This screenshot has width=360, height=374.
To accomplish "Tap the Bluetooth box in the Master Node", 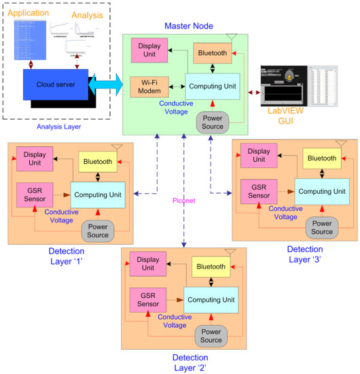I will [213, 53].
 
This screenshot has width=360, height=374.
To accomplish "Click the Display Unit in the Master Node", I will [149, 50].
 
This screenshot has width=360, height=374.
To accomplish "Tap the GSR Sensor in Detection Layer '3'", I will [258, 190].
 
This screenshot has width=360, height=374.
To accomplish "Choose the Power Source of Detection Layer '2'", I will [211, 335].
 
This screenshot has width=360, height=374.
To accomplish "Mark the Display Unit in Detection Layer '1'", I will [34, 158].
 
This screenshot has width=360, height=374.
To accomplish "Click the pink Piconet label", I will [183, 200].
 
